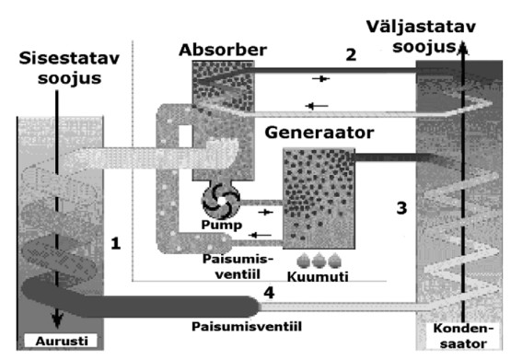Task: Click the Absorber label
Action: (x=223, y=50)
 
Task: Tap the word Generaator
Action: (x=319, y=133)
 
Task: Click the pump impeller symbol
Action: (x=221, y=201)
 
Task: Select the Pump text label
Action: (x=222, y=225)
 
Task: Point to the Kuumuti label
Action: (x=318, y=276)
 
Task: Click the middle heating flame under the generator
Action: (x=319, y=261)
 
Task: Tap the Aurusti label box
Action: (x=62, y=341)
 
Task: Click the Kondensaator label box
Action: (x=463, y=335)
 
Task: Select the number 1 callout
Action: (x=116, y=243)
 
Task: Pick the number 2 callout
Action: (x=351, y=54)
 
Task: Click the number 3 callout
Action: (x=401, y=208)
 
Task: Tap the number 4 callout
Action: (x=269, y=293)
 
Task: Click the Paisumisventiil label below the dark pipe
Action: (x=247, y=327)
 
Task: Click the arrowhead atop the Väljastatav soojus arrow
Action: (x=463, y=48)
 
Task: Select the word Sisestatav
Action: (x=69, y=59)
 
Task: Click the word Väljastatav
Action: (x=421, y=27)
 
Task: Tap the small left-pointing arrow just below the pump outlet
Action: (x=260, y=235)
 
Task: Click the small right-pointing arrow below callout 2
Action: (x=321, y=78)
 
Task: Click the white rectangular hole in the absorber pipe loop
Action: (x=185, y=136)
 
